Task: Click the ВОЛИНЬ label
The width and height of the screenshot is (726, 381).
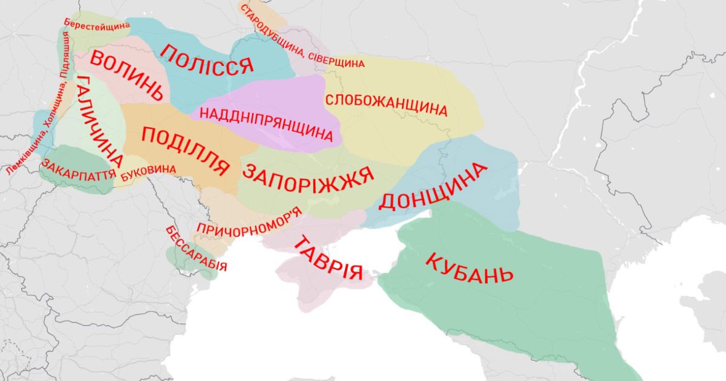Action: pyautogui.click(x=127, y=75)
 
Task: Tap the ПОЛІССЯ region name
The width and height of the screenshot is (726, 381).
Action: pyautogui.click(x=206, y=59)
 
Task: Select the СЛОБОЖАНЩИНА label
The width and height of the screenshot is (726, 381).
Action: pyautogui.click(x=387, y=105)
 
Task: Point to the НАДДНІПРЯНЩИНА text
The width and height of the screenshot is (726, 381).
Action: pyautogui.click(x=266, y=123)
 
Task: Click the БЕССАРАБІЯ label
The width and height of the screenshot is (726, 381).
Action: pyautogui.click(x=195, y=249)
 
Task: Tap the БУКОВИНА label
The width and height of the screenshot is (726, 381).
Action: pyautogui.click(x=148, y=174)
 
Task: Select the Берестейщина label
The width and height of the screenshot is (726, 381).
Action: pyautogui.click(x=96, y=25)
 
